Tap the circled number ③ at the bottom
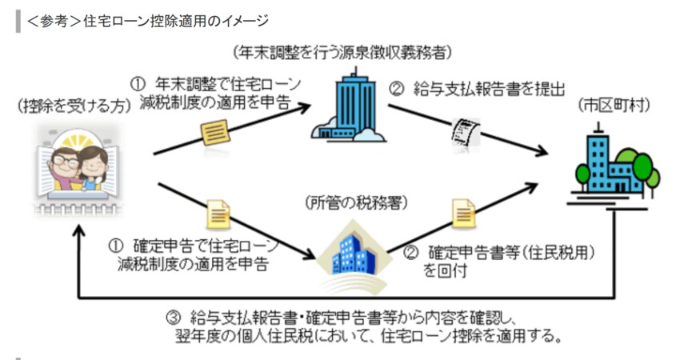coord(170,314)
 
